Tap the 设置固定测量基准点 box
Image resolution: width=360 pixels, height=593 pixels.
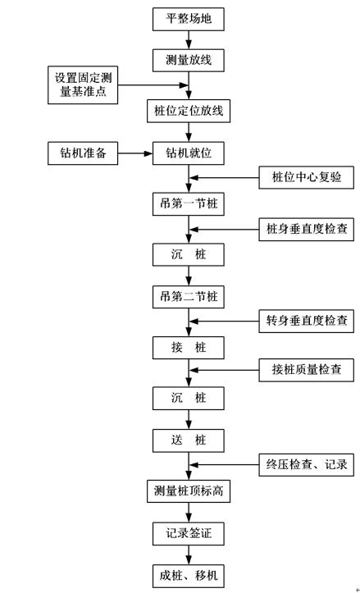click(82, 86)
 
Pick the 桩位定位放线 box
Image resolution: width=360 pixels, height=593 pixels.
click(189, 111)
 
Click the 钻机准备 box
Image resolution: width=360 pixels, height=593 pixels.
click(82, 153)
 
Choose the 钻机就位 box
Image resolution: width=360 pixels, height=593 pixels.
click(189, 153)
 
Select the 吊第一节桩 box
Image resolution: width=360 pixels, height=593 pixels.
click(189, 203)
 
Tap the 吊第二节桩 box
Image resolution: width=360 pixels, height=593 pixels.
click(189, 296)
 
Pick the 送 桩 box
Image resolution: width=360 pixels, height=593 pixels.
click(189, 440)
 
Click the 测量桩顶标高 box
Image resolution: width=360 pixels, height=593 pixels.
click(189, 491)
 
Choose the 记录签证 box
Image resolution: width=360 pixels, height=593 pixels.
click(189, 533)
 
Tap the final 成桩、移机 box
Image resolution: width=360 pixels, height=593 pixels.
click(189, 575)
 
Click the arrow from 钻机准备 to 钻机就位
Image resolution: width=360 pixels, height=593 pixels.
click(136, 153)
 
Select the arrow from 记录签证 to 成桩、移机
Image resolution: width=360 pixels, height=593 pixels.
click(189, 554)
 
